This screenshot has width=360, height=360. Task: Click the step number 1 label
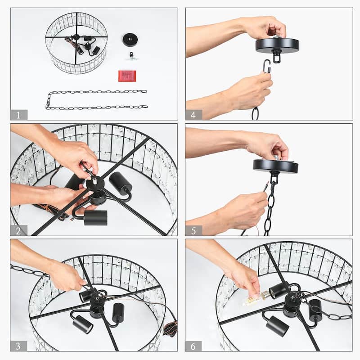tap(18, 115)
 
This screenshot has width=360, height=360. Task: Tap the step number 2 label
tap(18, 230)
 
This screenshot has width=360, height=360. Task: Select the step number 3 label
tap(18, 346)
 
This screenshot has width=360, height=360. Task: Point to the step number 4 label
tap(193, 115)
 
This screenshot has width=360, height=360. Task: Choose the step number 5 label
tap(193, 230)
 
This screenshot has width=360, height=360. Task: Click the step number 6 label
tap(193, 346)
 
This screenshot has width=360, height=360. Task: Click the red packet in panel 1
tap(127, 76)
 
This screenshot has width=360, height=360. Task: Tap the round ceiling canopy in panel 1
tap(130, 40)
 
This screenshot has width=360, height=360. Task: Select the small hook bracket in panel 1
tap(131, 57)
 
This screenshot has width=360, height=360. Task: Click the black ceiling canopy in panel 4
tap(277, 46)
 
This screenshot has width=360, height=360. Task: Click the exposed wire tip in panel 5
tap(266, 184)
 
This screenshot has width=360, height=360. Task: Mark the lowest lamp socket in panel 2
tap(95, 218)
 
